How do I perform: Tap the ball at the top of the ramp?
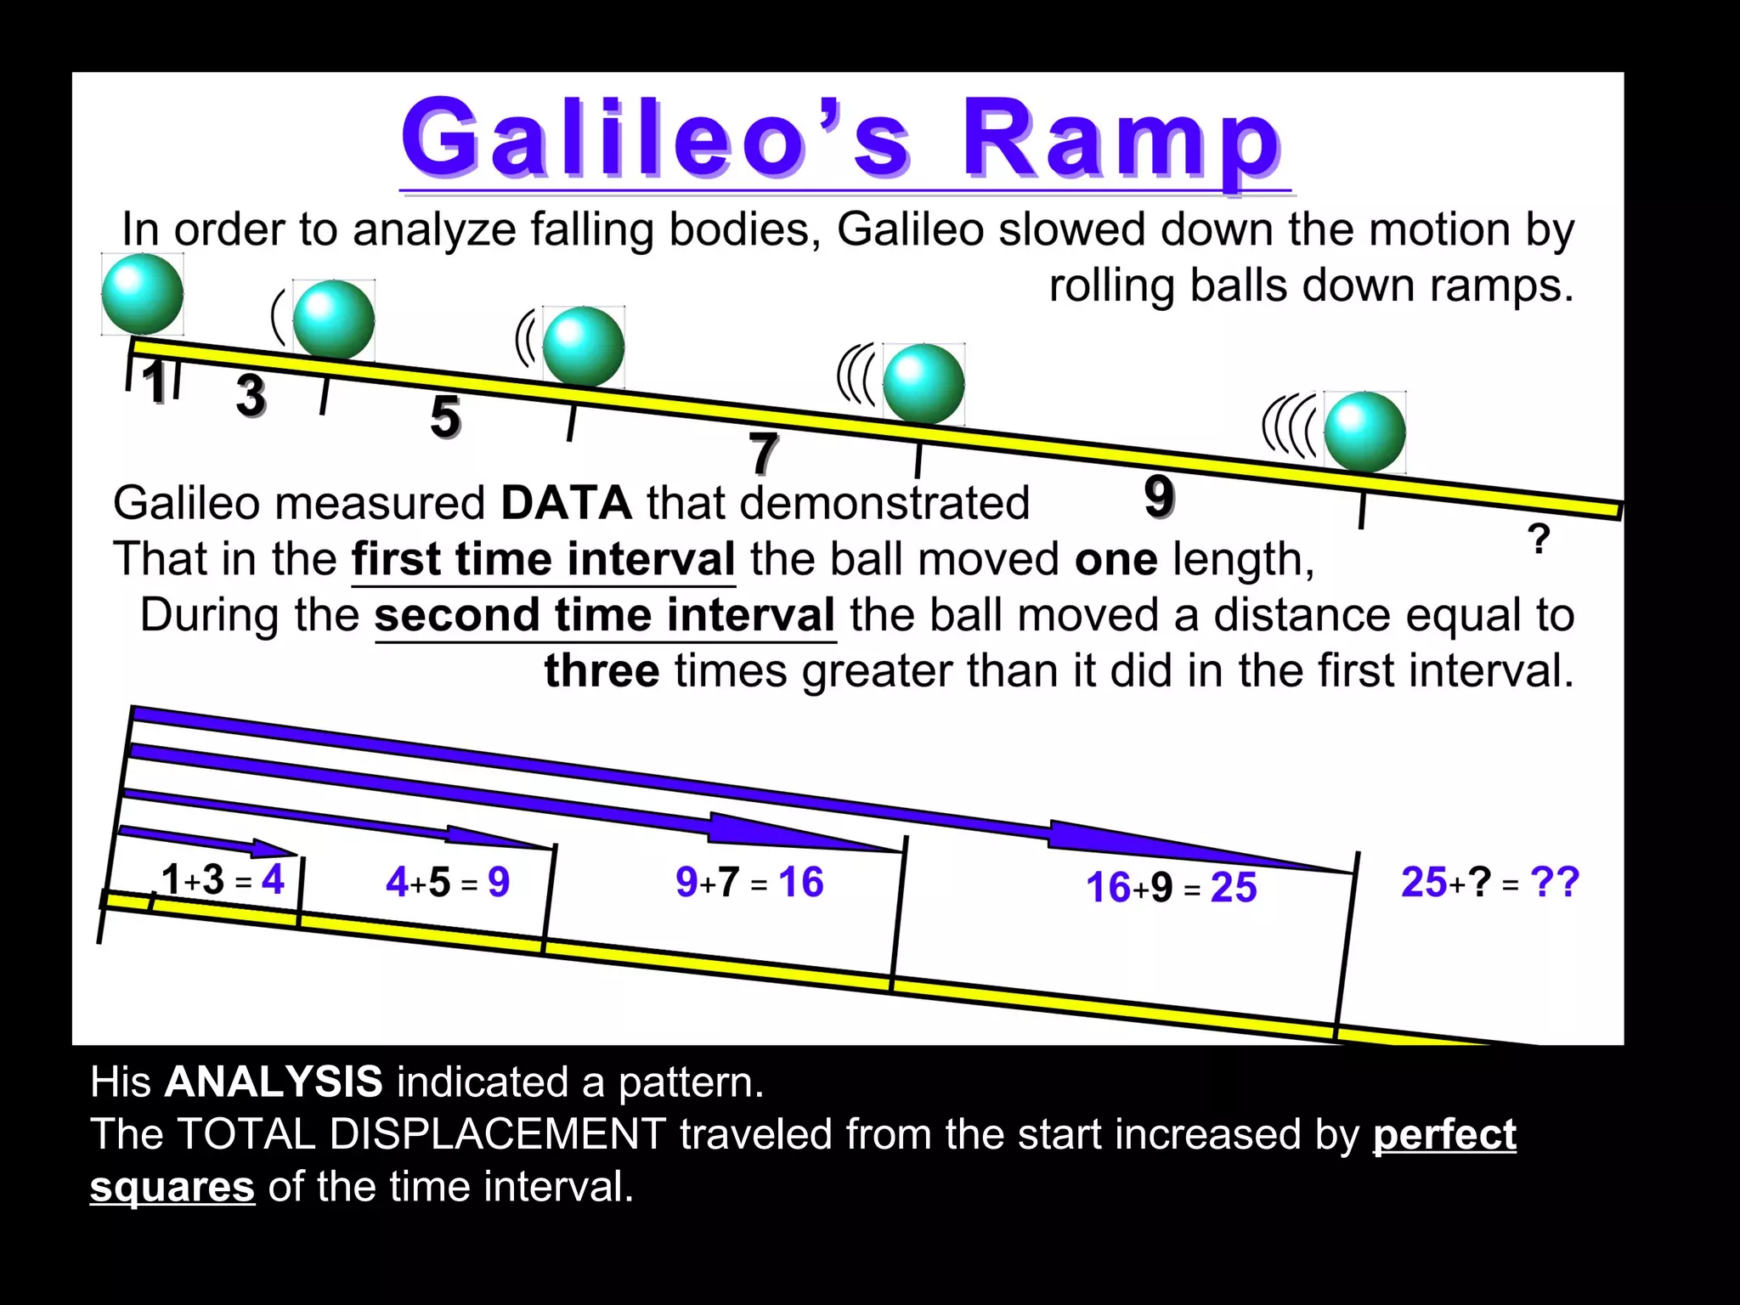click(142, 294)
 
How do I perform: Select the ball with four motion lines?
click(1364, 432)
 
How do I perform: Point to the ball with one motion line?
click(333, 320)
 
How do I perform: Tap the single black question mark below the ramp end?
click(1538, 540)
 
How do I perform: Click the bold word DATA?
click(566, 503)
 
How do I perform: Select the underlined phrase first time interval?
click(544, 559)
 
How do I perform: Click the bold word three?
click(602, 671)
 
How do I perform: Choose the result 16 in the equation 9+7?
click(800, 882)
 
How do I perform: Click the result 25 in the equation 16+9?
click(1234, 887)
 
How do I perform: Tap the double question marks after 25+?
click(1554, 882)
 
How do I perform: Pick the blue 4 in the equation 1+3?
click(273, 879)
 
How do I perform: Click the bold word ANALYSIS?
click(274, 1082)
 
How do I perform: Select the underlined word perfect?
click(1444, 1134)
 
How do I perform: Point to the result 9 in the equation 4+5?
click(499, 882)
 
